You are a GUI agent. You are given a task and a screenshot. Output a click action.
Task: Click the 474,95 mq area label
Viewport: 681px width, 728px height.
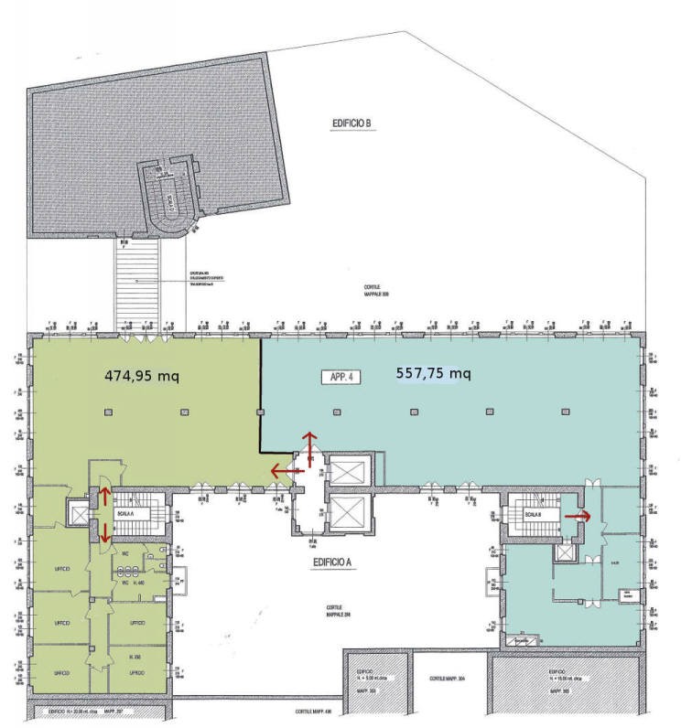(x=142, y=375)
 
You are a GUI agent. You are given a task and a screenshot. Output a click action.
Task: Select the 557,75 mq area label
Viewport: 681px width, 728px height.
(x=433, y=373)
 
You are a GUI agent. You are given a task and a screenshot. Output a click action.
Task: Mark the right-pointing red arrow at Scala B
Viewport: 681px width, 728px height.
(x=578, y=516)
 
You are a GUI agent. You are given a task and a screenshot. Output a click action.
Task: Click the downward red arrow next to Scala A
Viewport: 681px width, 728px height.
(x=105, y=532)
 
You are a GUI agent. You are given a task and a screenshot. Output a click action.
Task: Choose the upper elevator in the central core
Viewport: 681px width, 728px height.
(x=349, y=472)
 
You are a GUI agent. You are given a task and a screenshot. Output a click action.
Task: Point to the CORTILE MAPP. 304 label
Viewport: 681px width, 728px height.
(x=449, y=680)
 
